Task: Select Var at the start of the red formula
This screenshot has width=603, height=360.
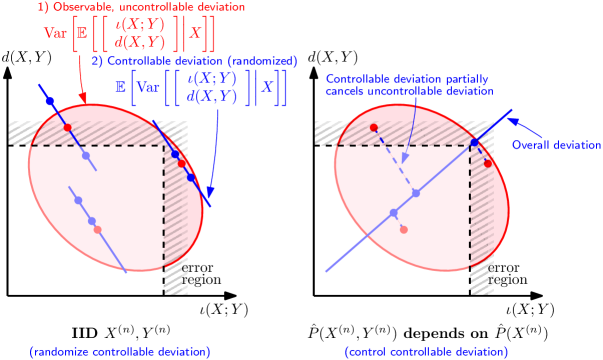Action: pos(56,32)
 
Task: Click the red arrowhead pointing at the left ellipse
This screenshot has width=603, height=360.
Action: pos(84,100)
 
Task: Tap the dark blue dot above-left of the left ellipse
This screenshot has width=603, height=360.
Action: pos(50,101)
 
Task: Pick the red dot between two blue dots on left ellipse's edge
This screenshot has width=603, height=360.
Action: pos(183,164)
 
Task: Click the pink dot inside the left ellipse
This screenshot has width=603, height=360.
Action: pos(97,230)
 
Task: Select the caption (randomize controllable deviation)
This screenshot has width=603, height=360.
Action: pos(120,352)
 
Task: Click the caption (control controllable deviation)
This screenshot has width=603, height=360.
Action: pos(426,352)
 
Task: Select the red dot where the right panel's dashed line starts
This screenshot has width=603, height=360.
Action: pos(374,127)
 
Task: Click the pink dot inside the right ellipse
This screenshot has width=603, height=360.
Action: pos(403,230)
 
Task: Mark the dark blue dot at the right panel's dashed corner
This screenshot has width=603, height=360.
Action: pos(474,144)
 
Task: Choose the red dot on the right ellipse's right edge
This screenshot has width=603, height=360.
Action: pos(488,163)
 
